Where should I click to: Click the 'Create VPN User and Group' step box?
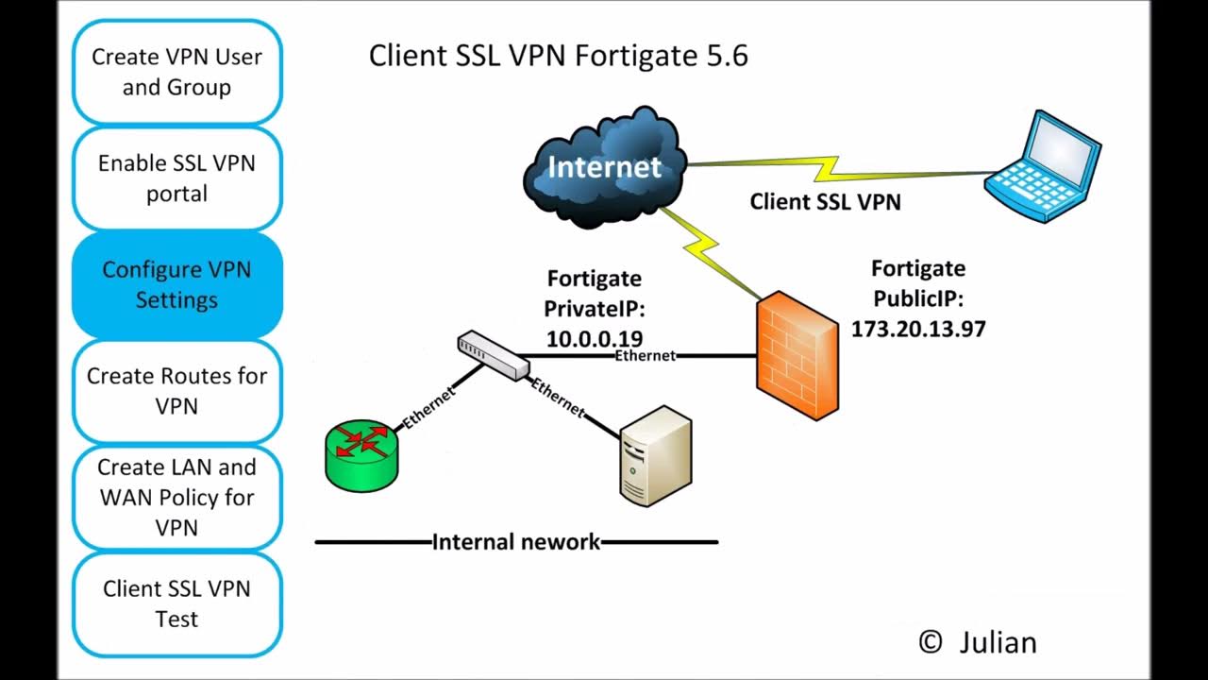[176, 72]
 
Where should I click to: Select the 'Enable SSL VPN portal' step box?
[176, 178]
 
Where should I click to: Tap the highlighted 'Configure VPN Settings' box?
[176, 284]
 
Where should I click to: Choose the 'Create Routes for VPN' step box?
[176, 391]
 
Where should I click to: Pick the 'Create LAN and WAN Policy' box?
[176, 497]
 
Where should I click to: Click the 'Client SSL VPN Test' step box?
[176, 603]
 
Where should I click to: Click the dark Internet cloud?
[605, 168]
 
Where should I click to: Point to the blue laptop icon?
[1044, 168]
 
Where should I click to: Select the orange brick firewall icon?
[797, 355]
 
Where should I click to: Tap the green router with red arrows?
[361, 455]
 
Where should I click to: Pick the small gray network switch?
[494, 355]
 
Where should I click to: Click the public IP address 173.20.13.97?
[918, 329]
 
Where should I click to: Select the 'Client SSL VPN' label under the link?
[825, 201]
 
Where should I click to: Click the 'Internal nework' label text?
[515, 542]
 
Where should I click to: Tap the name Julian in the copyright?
[998, 642]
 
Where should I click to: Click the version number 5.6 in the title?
[727, 56]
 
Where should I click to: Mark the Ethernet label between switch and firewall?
[645, 356]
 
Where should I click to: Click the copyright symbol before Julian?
[930, 642]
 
